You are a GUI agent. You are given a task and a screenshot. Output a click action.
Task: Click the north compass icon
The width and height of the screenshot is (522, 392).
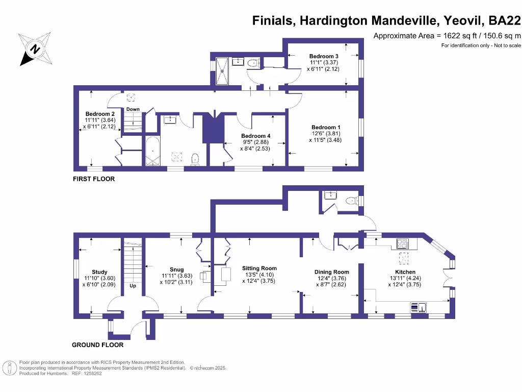coord(35,49)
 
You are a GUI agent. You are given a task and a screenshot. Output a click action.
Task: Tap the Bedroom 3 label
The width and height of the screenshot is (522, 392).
coord(324,56)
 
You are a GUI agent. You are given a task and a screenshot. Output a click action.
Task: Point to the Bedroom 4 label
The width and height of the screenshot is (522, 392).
coord(255,136)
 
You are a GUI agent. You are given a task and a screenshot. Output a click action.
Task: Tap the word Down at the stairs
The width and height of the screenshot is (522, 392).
coord(133,109)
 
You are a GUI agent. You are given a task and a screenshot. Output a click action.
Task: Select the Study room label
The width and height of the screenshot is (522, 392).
coord(99,272)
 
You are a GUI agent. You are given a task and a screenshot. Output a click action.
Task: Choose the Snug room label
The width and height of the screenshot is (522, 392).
coord(176,269)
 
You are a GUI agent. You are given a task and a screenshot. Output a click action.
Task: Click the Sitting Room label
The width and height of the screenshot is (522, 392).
coord(259,268)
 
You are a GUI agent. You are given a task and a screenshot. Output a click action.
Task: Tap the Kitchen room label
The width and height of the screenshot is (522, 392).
coord(405,272)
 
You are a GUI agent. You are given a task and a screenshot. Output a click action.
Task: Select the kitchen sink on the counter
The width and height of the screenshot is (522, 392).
coord(419,307)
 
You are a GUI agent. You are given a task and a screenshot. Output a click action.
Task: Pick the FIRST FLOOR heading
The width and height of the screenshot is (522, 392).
coord(94,179)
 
